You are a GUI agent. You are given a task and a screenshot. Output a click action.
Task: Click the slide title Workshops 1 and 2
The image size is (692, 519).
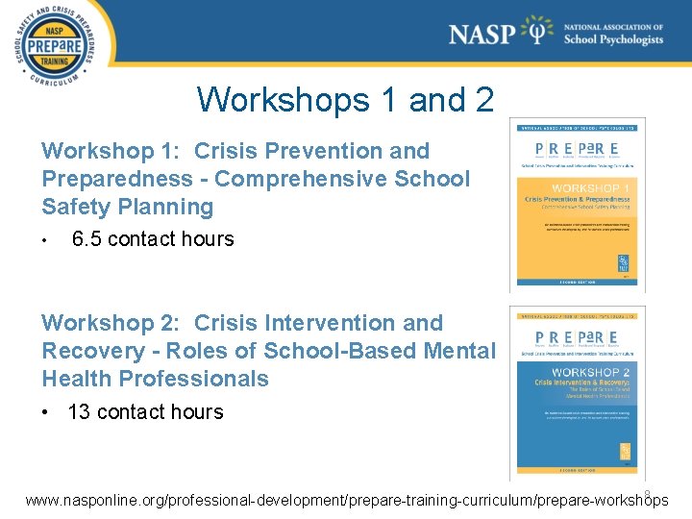click(345, 99)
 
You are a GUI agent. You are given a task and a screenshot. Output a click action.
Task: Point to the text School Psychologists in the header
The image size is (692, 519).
click(613, 40)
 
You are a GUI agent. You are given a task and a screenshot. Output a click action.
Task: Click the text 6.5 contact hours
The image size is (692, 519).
click(153, 239)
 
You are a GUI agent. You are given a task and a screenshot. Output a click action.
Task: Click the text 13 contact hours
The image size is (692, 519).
click(145, 412)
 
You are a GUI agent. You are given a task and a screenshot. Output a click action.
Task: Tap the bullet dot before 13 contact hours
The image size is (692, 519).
click(45, 412)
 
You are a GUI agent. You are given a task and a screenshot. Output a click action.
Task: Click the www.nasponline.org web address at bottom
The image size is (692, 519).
click(346, 501)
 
